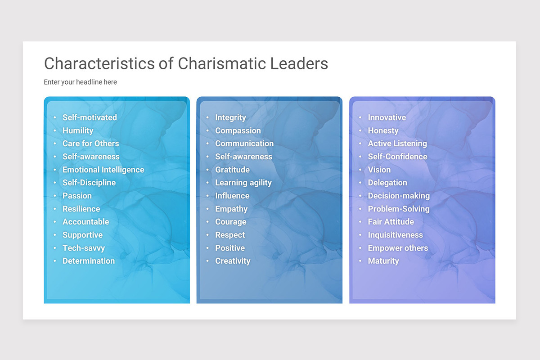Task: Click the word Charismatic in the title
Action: (222, 63)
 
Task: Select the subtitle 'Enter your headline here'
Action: (80, 82)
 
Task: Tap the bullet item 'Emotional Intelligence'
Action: (103, 170)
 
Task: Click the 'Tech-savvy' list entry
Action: (83, 248)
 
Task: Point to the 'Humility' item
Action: (78, 130)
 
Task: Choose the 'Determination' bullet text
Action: (88, 261)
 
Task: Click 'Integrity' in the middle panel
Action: (230, 117)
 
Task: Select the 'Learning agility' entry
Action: (243, 183)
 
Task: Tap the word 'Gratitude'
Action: (232, 170)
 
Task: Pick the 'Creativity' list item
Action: (233, 261)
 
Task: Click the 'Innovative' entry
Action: (387, 117)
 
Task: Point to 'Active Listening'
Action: (397, 144)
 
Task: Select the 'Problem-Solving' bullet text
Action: (398, 209)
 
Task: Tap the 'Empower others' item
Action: (398, 248)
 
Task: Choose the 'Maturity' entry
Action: (383, 261)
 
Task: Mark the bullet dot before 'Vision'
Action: (360, 170)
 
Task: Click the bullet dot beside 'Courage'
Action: (207, 222)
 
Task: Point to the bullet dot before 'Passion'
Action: (55, 196)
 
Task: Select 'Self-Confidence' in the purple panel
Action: (397, 157)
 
